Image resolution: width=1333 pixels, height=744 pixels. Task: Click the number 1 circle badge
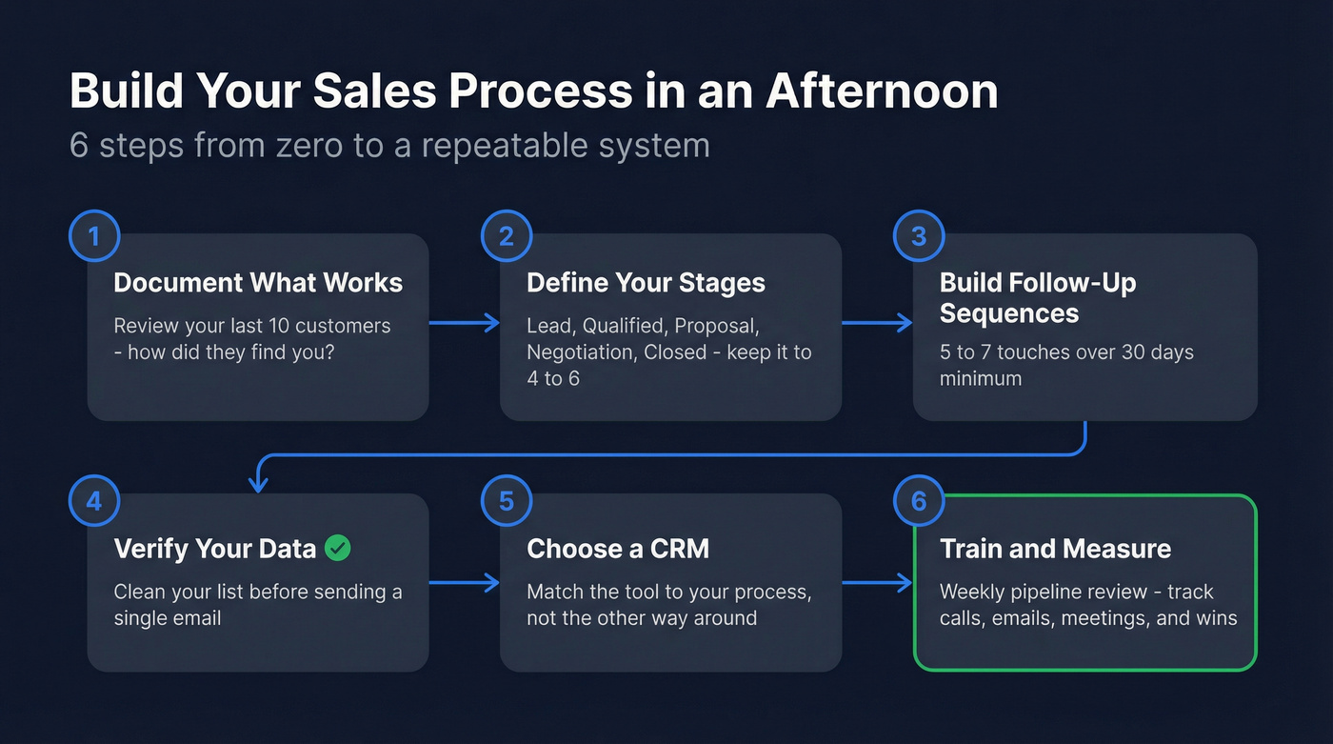click(94, 236)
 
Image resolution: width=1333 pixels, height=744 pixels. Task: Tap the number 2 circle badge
click(507, 236)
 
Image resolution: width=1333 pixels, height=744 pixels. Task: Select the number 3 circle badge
click(919, 236)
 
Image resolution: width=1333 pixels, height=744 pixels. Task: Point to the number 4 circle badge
click(94, 501)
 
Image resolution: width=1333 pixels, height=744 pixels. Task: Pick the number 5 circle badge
click(507, 501)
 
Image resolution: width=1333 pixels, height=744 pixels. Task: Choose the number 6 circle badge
click(919, 501)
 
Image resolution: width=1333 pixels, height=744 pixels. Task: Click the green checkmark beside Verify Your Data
click(337, 548)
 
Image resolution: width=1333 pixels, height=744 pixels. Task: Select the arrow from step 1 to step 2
click(464, 324)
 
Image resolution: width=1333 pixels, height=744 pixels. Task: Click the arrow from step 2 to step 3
click(877, 324)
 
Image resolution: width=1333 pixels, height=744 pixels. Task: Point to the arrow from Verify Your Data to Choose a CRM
click(464, 582)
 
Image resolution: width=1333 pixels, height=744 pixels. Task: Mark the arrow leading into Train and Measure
click(877, 582)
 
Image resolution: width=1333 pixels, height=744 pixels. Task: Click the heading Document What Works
click(258, 283)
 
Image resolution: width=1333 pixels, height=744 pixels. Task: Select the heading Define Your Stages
click(646, 283)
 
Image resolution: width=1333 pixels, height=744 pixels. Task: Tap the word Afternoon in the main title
click(882, 92)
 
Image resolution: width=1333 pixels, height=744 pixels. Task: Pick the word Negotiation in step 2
click(582, 352)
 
